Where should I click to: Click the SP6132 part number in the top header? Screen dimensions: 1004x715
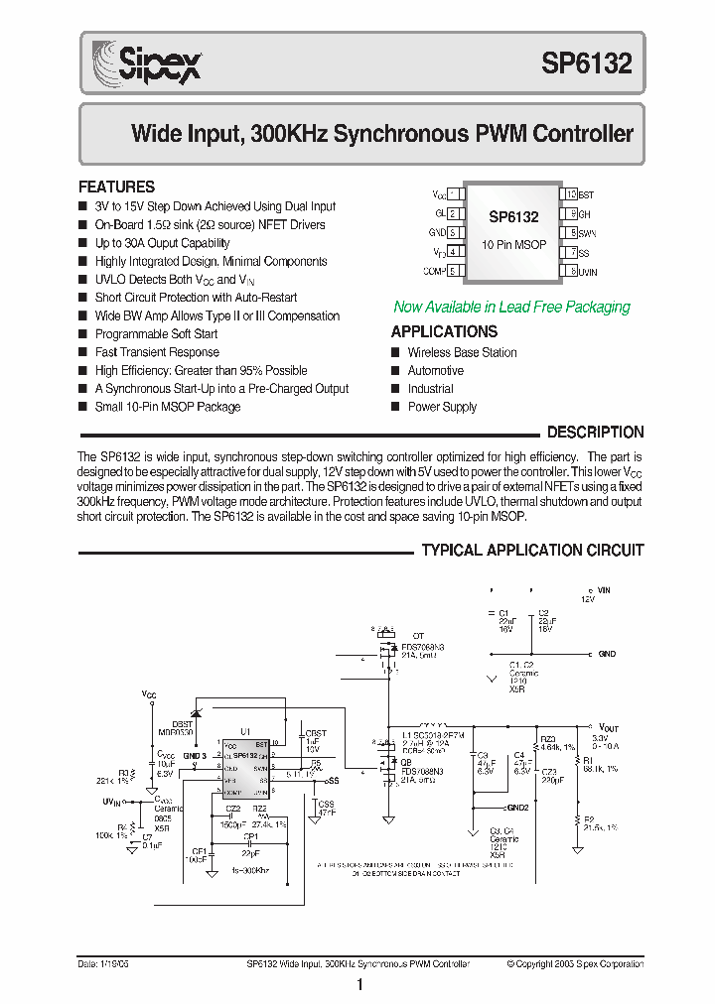tap(585, 64)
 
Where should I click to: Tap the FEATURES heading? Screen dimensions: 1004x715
tap(116, 187)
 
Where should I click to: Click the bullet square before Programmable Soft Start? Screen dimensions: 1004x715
tap(82, 334)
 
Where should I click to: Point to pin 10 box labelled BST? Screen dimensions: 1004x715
tap(570, 195)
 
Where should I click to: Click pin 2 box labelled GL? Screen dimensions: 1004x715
tap(453, 213)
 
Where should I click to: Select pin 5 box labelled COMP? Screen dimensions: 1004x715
tap(453, 271)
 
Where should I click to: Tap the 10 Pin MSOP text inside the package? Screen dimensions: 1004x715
tap(513, 244)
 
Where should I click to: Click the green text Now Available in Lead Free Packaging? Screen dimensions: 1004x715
tap(511, 308)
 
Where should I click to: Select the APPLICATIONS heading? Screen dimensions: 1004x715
tap(444, 332)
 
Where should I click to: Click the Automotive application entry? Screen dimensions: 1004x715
tap(435, 371)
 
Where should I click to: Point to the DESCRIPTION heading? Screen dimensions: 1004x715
tap(595, 433)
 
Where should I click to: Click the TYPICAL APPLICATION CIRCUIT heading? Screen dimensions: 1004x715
tap(532, 551)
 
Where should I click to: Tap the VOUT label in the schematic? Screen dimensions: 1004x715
tap(608, 727)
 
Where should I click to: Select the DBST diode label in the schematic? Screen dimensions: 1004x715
tap(182, 723)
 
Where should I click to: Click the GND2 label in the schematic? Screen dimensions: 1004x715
tap(518, 808)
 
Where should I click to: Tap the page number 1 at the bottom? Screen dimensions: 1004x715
tap(358, 985)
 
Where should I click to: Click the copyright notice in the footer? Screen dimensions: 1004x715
tap(574, 963)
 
